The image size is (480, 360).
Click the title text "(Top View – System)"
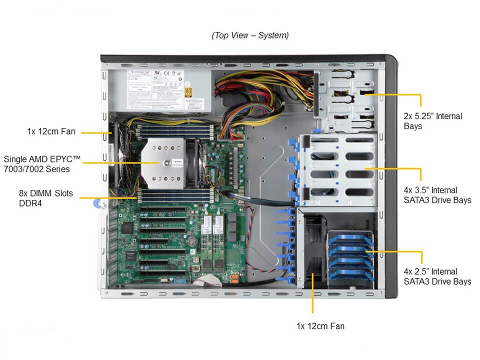tap(250, 35)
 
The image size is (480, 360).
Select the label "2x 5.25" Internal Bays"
tap(433, 121)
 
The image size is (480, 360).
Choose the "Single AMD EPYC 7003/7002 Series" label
tap(42, 164)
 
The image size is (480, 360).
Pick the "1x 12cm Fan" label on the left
tap(51, 131)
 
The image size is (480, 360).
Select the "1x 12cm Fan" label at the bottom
tap(320, 326)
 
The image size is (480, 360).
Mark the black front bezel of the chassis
tap(390, 175)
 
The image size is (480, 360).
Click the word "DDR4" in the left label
tap(28, 203)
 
